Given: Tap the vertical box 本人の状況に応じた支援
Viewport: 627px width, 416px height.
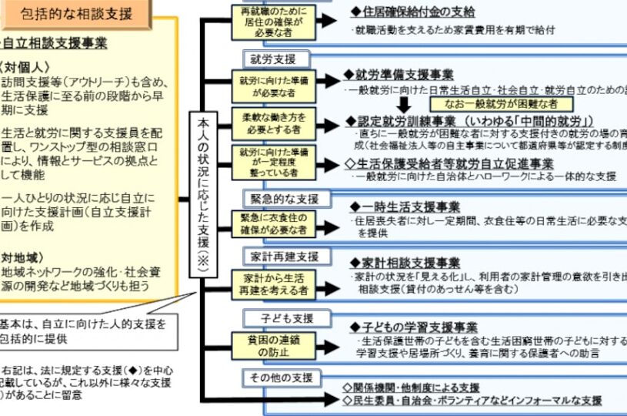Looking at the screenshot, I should [x=203, y=196].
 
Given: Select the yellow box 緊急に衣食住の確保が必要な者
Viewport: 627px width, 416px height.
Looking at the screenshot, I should [x=266, y=223].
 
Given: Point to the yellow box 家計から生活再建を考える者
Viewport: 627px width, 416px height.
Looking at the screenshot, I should [x=266, y=283].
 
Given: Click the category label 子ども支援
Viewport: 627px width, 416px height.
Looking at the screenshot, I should [x=276, y=317].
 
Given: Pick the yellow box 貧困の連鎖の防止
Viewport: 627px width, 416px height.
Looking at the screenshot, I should [x=266, y=344].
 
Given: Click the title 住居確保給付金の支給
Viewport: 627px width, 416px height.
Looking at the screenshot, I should [x=412, y=12].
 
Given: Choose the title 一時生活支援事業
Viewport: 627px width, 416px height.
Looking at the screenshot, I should [x=405, y=206].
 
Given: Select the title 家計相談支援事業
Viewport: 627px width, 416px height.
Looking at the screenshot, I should [x=405, y=263].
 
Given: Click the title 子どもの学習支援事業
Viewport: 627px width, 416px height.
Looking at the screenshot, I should [x=414, y=327].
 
